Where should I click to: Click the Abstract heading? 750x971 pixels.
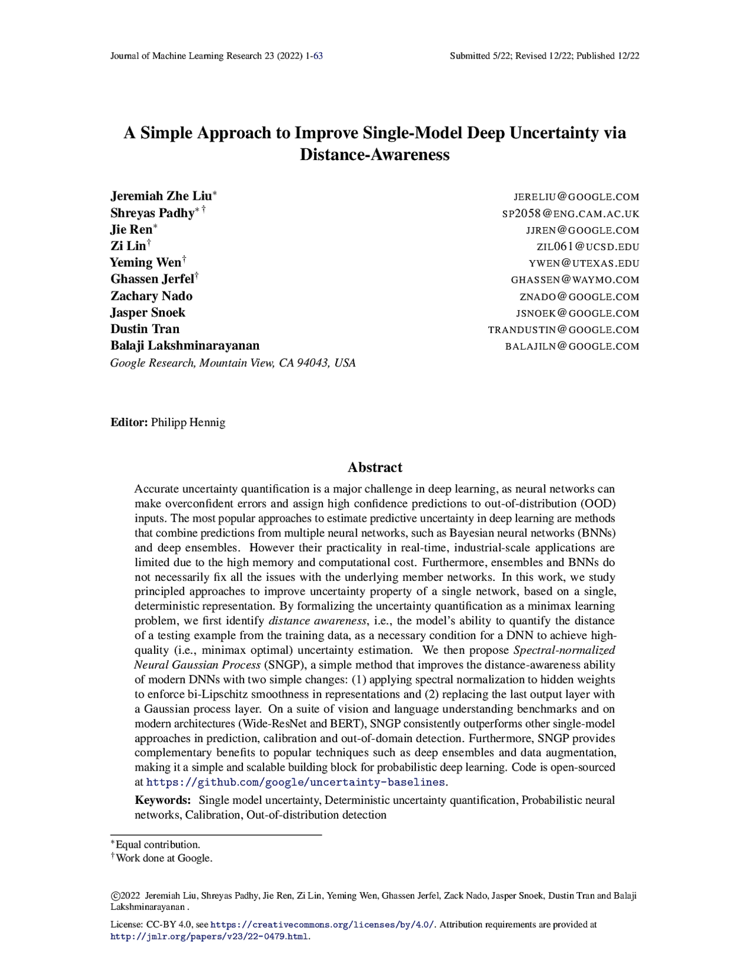pos(374,467)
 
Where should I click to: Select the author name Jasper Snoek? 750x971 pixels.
pos(148,312)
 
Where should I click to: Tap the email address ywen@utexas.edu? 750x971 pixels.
pos(584,263)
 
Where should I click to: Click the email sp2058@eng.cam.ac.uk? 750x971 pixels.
pos(570,213)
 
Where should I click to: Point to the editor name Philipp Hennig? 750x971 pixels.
pos(188,422)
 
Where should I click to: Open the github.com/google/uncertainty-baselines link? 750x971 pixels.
pos(296,782)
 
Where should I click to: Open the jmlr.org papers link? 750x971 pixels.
pos(210,937)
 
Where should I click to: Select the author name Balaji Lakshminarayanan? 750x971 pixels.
pos(185,346)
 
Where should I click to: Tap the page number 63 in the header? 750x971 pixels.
pos(318,56)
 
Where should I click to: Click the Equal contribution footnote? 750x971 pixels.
pos(158,845)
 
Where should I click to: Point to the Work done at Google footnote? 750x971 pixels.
pos(164,858)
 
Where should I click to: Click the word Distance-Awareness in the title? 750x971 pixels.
pos(374,155)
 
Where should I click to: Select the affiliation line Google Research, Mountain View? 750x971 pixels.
pos(233,363)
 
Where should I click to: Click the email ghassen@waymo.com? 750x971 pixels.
pos(575,280)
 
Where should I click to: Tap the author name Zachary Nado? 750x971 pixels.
pos(151,296)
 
